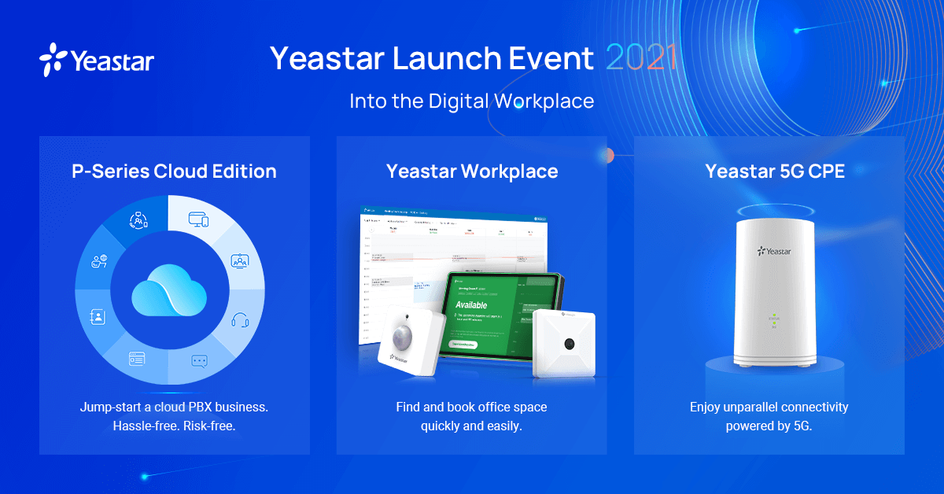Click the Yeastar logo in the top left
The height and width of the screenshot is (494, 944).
pyautogui.click(x=96, y=61)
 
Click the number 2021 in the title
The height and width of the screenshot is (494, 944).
pyautogui.click(x=642, y=58)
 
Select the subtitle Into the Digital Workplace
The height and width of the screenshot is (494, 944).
pyautogui.click(x=471, y=101)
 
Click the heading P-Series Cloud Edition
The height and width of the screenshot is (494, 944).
pyautogui.click(x=174, y=171)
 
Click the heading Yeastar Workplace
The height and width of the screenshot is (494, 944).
pyautogui.click(x=471, y=171)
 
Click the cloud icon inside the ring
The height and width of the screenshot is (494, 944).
pyautogui.click(x=169, y=292)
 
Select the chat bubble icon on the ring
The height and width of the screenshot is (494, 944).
pyautogui.click(x=199, y=361)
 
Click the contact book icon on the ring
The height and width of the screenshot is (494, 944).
pyautogui.click(x=98, y=317)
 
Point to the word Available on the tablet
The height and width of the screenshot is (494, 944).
pyautogui.click(x=471, y=305)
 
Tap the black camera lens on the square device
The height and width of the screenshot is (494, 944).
pyautogui.click(x=567, y=343)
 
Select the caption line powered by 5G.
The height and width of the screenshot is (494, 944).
pyautogui.click(x=769, y=426)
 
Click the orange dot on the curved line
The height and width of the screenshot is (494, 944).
pyautogui.click(x=607, y=155)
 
